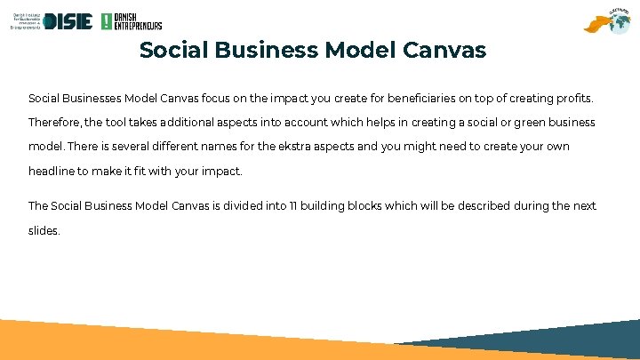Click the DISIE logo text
[x=67, y=21]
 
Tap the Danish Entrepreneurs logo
[x=132, y=21]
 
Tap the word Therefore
[x=55, y=122]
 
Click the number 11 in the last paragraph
[x=292, y=206]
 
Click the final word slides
[x=44, y=230]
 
